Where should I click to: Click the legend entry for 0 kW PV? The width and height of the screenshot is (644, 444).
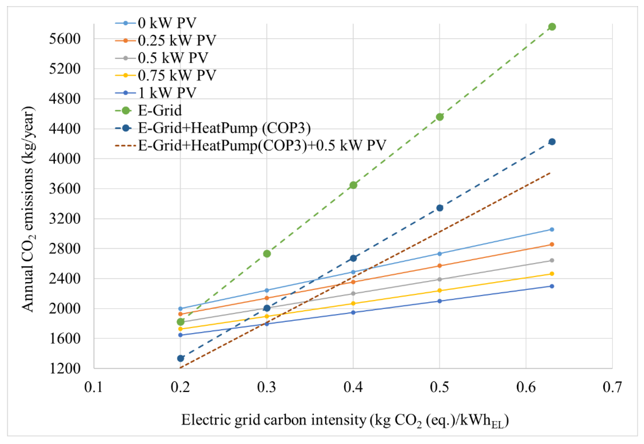coord(167,23)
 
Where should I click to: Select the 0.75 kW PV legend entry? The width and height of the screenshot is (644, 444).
coord(177,75)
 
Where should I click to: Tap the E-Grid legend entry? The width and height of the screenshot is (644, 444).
coord(160,110)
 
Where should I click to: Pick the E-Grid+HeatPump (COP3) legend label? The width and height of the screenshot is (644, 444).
coord(224,128)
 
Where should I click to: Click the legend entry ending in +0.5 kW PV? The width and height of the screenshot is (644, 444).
coord(262,145)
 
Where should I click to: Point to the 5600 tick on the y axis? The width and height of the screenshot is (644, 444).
coord(64,39)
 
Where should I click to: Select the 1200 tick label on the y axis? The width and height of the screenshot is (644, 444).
coord(64,369)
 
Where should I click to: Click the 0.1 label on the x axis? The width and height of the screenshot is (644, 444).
coord(94,387)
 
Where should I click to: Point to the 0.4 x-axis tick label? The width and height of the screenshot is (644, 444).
coord(353,387)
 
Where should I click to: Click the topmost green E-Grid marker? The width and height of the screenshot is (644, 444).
coord(552,27)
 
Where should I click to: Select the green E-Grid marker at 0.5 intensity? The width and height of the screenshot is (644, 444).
coord(439,117)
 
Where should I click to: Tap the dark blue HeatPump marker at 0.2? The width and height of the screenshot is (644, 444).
coord(180,358)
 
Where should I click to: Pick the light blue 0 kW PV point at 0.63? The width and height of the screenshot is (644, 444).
coord(552,230)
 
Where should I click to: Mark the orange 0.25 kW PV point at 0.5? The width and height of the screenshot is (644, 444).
coord(439,266)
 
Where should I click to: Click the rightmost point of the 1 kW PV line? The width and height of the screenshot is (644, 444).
coord(552,286)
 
